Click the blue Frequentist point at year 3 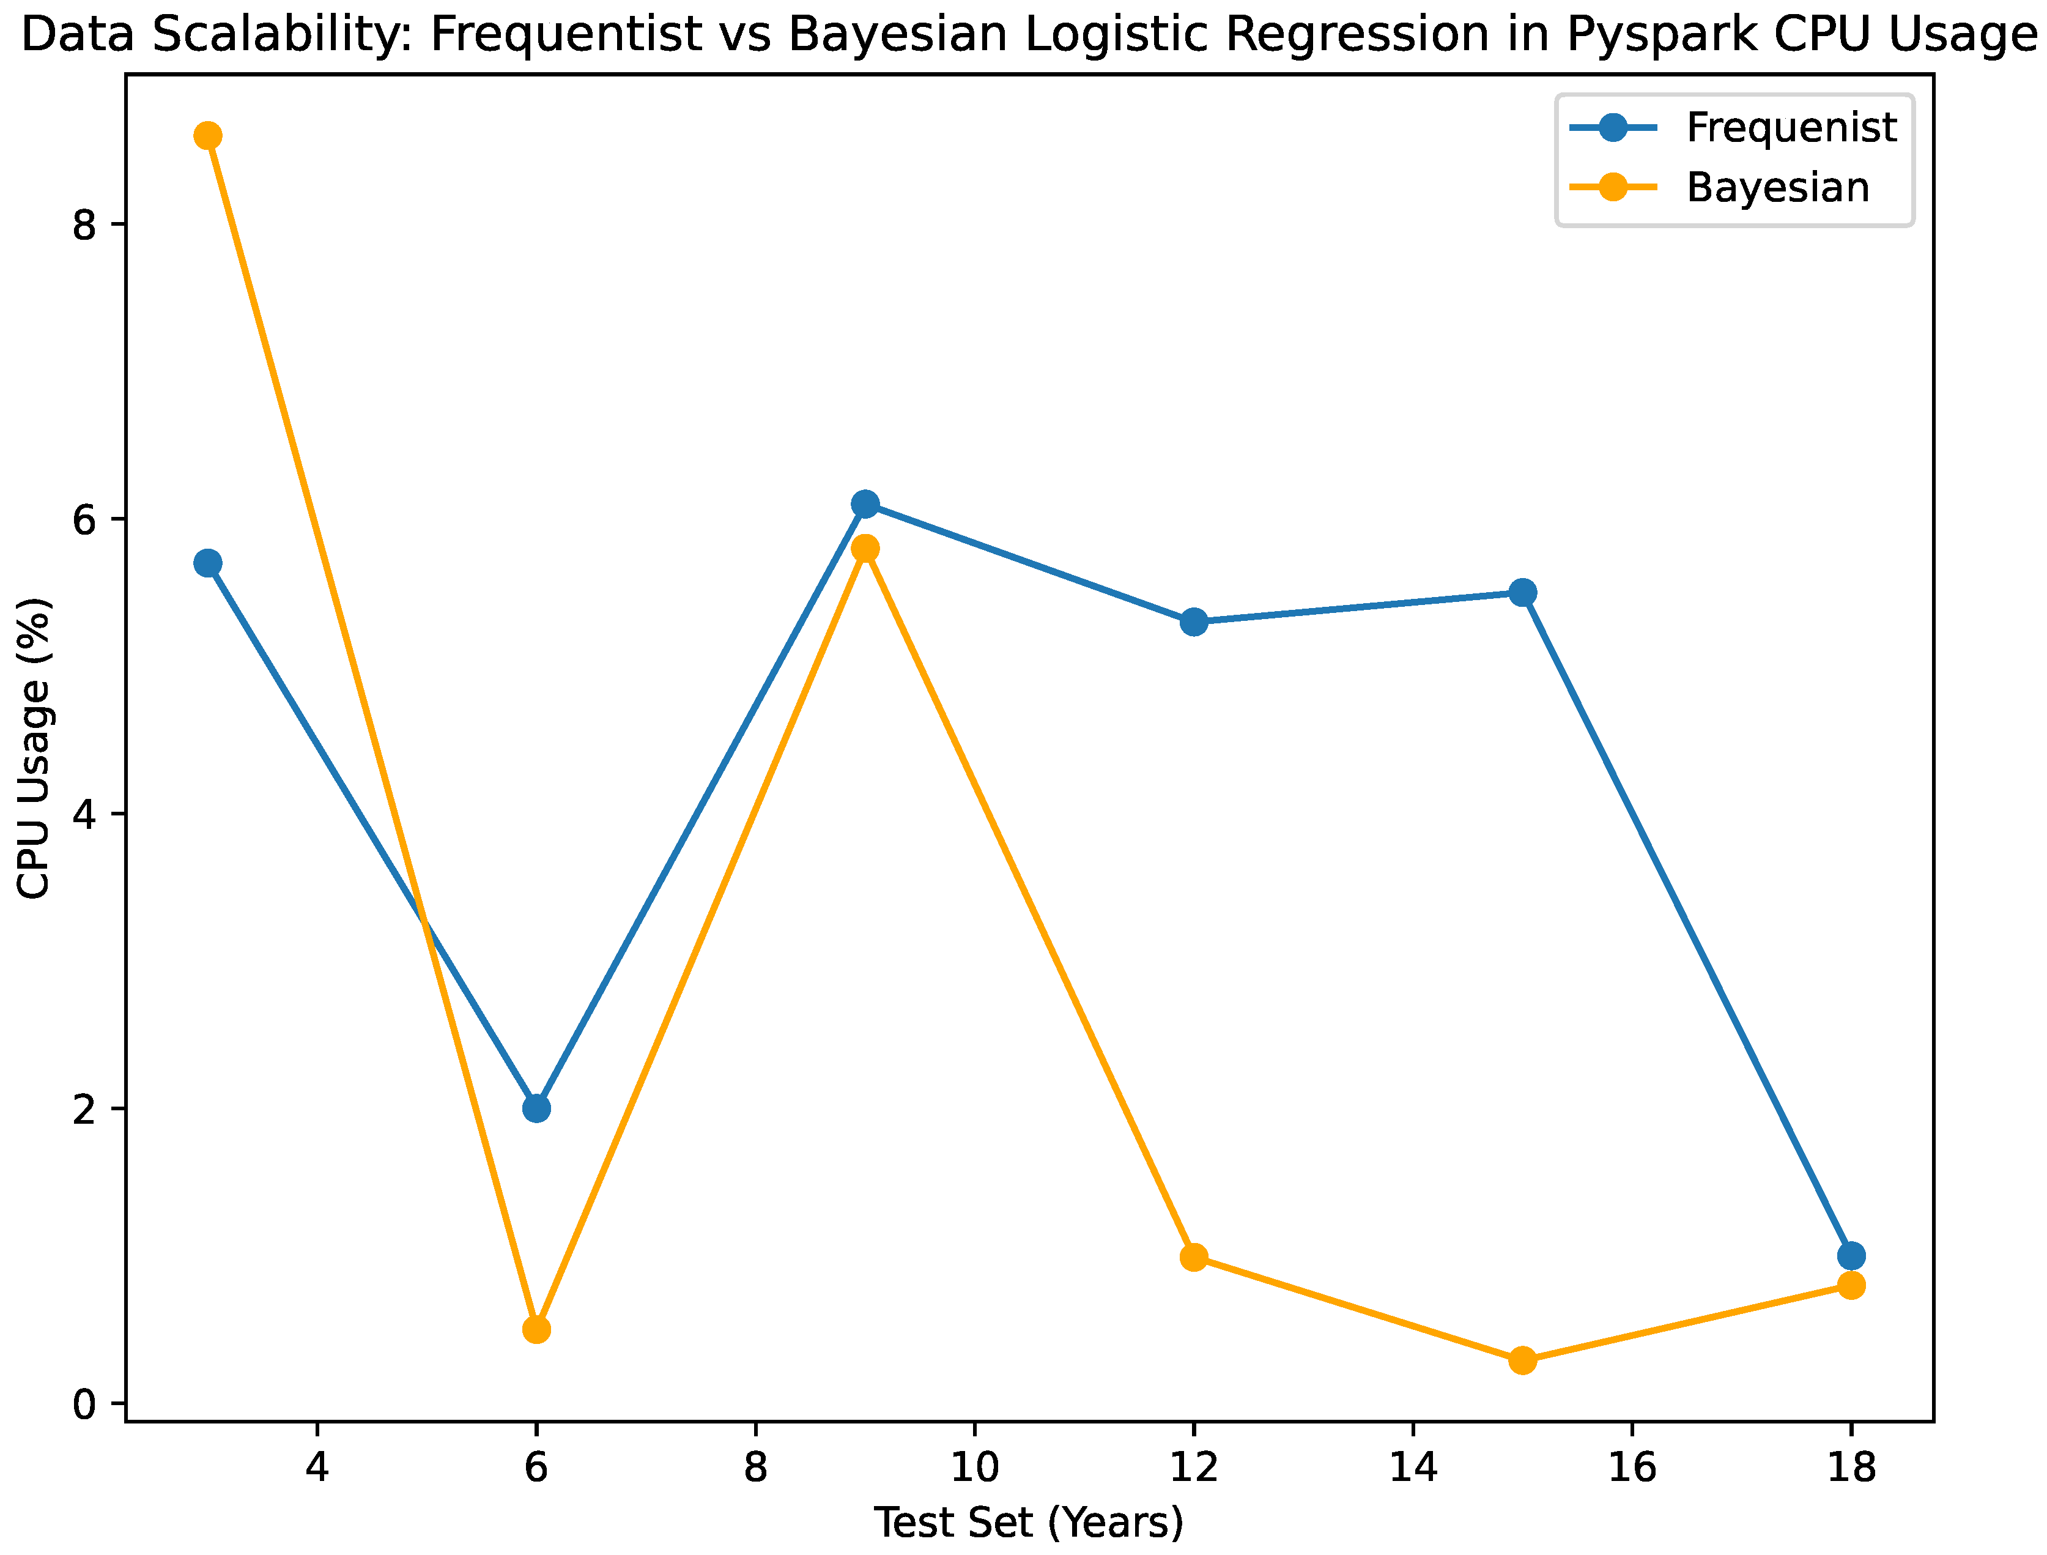coord(207,563)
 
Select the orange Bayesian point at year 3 coord(207,136)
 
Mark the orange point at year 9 coord(865,548)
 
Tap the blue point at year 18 coord(1851,1256)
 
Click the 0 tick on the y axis coord(85,1404)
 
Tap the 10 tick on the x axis coord(974,1467)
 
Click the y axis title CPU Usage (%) coord(35,748)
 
